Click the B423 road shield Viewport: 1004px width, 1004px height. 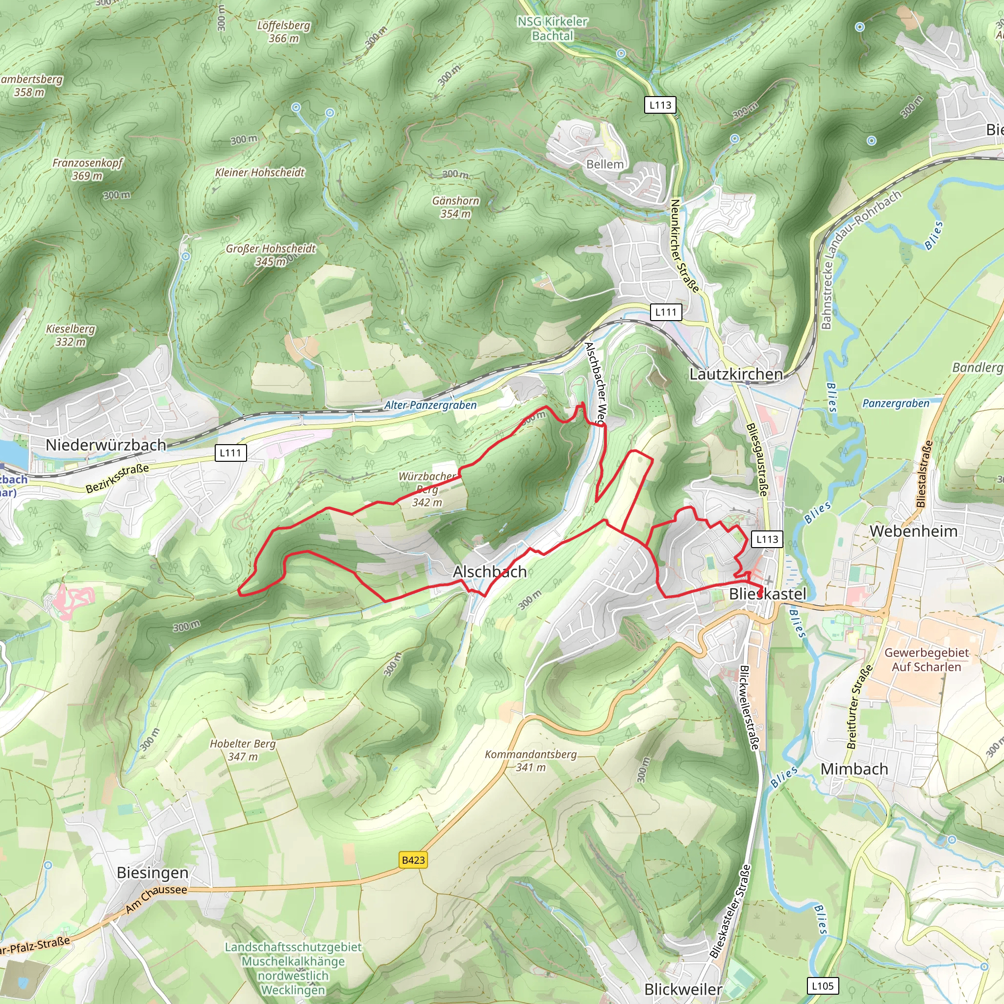click(x=413, y=860)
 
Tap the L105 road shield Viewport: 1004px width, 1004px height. click(x=823, y=986)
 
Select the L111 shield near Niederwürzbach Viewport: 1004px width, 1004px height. click(x=230, y=452)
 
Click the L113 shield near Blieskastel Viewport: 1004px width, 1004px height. click(x=767, y=539)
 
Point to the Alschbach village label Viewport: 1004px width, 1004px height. click(x=490, y=572)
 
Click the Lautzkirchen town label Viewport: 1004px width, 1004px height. click(x=736, y=374)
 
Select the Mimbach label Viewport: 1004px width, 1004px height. click(x=854, y=769)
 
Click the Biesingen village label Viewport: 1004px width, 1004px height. click(x=152, y=873)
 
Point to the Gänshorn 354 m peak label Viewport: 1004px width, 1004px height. click(x=456, y=207)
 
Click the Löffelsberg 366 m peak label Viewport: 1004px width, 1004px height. click(x=284, y=32)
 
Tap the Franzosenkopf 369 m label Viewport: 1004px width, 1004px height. click(x=87, y=169)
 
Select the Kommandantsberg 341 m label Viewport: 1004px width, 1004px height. click(x=530, y=760)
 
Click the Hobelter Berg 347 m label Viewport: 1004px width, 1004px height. click(x=243, y=750)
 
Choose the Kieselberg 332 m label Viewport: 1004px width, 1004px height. click(x=71, y=335)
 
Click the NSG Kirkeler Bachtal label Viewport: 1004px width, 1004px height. click(x=552, y=28)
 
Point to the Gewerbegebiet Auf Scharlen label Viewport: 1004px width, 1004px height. click(x=927, y=659)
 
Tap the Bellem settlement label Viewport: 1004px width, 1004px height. click(x=604, y=164)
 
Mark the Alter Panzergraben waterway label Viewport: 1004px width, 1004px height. click(x=430, y=405)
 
